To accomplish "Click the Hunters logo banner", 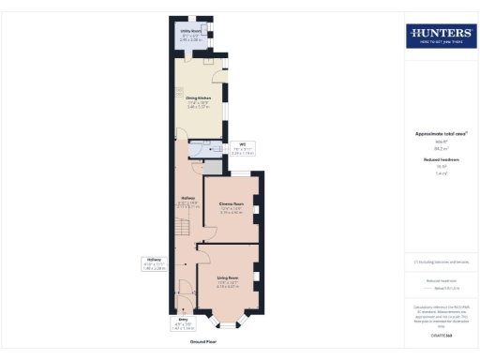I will [440, 37].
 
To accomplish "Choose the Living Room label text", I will [229, 280].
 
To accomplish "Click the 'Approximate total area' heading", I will [440, 133].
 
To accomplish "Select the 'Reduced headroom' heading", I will [440, 160].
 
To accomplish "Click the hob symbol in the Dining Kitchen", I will [177, 92].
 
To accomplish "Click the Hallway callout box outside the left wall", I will [156, 263].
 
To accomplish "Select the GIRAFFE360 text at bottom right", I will [440, 334].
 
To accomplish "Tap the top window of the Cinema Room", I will [241, 174].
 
